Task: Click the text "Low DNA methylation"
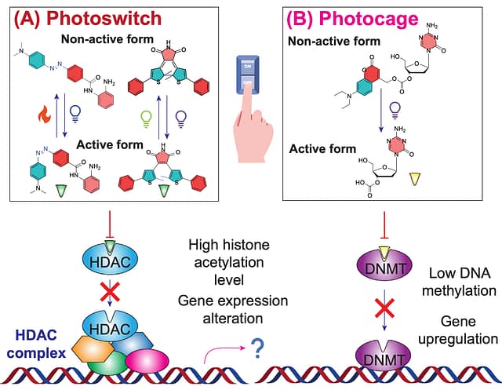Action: (x=463, y=282)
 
